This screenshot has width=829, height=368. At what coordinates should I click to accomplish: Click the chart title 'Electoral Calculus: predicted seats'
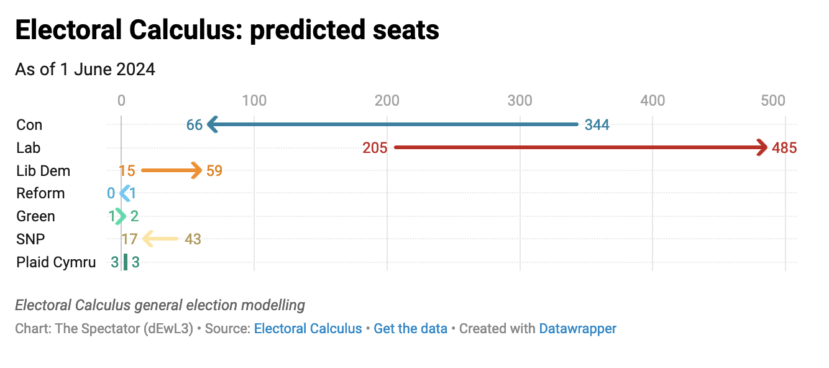(227, 30)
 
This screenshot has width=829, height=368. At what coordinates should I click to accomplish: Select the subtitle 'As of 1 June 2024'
(85, 70)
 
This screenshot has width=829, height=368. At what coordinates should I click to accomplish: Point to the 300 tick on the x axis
(520, 101)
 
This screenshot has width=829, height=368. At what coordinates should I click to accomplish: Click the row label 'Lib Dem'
(43, 171)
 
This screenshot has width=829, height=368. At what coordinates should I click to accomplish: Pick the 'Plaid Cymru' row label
(56, 262)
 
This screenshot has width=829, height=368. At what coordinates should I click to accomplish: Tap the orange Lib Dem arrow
(172, 170)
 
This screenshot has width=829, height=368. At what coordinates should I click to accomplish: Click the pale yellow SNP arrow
(160, 239)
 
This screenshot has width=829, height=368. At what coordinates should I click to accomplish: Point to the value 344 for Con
(597, 125)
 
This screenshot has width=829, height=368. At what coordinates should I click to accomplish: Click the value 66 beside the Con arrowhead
(195, 125)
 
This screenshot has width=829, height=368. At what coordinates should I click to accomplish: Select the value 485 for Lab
(784, 148)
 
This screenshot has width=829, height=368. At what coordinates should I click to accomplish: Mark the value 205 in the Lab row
(375, 148)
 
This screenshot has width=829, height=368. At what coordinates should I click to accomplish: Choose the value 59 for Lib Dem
(214, 171)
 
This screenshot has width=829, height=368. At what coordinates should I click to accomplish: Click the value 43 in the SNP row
(193, 239)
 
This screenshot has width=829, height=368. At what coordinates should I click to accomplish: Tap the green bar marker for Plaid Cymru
(126, 262)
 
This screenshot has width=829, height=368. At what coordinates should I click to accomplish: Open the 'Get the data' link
(410, 328)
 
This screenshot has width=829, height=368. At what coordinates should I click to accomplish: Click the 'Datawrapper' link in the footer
(577, 328)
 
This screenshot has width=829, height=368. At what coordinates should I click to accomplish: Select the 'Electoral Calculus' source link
(308, 328)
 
